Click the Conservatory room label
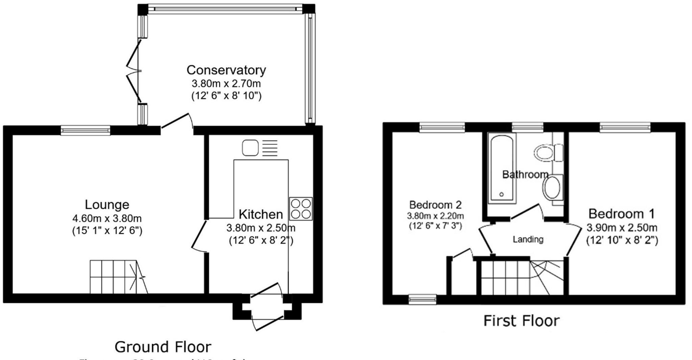coord(226,70)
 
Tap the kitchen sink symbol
coord(250,148)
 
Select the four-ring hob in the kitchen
coord(301,209)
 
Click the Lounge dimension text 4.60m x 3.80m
coord(107,218)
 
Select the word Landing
coord(528,240)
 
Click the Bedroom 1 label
coord(621,214)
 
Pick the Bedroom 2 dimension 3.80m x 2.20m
coord(435,216)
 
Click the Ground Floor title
coord(163,347)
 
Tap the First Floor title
coord(521,320)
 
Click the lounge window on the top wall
coord(85,130)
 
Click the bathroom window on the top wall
coord(527,127)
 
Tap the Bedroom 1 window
coord(625,127)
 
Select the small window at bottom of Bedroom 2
coord(422,299)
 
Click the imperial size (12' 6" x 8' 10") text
coord(226,96)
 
